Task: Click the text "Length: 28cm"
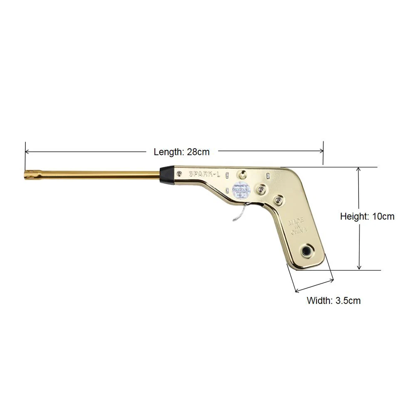click(182, 152)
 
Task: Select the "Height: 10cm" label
click(367, 216)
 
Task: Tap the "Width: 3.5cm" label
click(334, 300)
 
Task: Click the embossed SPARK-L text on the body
click(205, 174)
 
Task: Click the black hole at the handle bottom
click(307, 250)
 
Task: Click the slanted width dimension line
click(314, 285)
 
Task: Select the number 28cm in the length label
click(198, 152)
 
